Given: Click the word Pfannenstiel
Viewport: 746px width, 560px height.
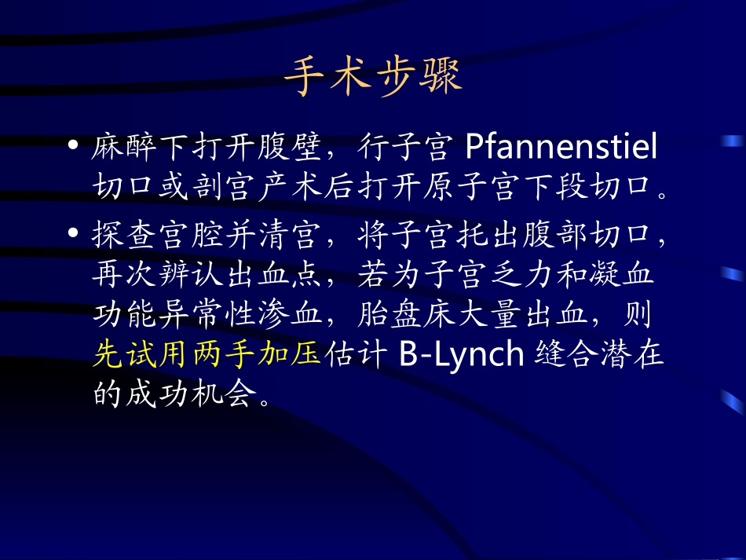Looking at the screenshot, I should [561, 147].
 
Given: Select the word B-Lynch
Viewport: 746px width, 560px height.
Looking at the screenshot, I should [461, 354].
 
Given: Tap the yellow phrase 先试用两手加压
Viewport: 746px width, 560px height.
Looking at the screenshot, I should [207, 354].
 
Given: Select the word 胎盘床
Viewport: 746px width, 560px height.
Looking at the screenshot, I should [404, 314].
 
